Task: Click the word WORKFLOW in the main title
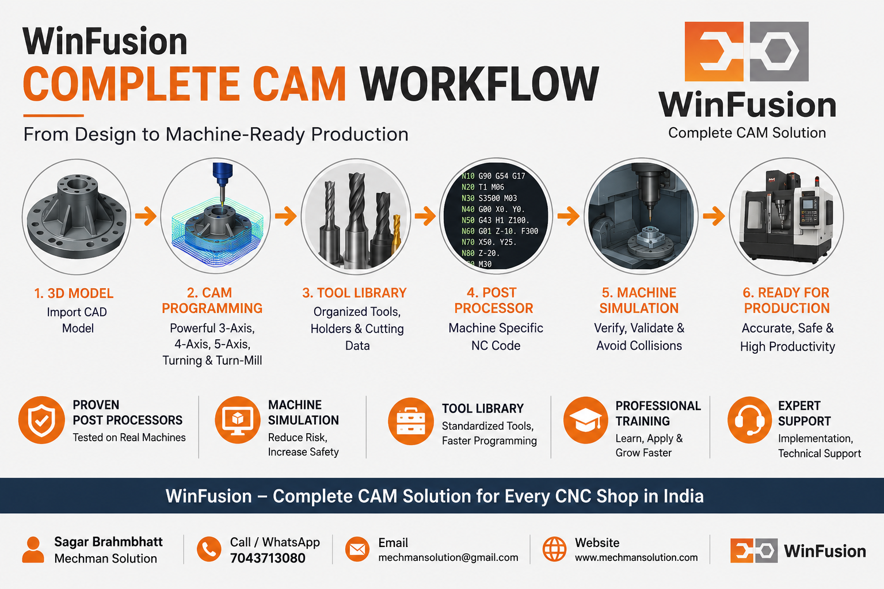pyautogui.click(x=479, y=83)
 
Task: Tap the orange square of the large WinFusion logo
pyautogui.click(x=714, y=51)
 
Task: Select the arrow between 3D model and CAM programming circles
pyautogui.click(x=146, y=216)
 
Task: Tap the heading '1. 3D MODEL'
pyautogui.click(x=74, y=293)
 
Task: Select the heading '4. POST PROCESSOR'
pyautogui.click(x=493, y=300)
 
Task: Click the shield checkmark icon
pyautogui.click(x=41, y=420)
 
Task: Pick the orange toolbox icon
pyautogui.click(x=411, y=422)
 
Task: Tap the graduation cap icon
pyautogui.click(x=586, y=420)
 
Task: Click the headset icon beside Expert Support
pyautogui.click(x=749, y=420)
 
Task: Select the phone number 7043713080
pyautogui.click(x=268, y=559)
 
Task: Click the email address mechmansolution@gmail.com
pyautogui.click(x=448, y=557)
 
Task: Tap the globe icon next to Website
pyautogui.click(x=554, y=549)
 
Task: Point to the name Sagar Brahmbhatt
pyautogui.click(x=108, y=542)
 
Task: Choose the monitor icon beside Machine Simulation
pyautogui.click(x=238, y=420)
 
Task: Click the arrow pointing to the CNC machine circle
pyautogui.click(x=714, y=216)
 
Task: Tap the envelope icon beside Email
pyautogui.click(x=357, y=549)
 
